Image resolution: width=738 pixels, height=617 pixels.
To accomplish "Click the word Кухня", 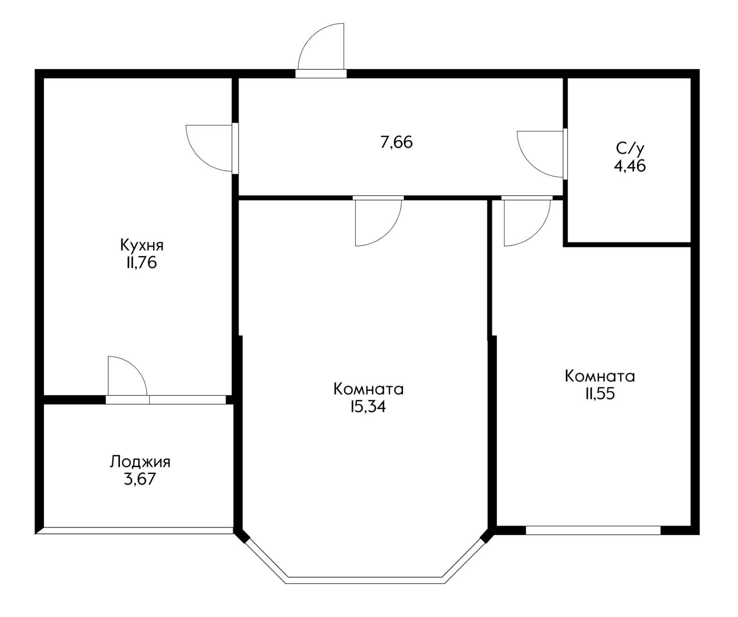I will [x=142, y=245].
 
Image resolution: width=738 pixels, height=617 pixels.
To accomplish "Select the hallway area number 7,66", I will [x=396, y=142].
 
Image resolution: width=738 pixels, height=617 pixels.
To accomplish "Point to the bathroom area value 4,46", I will [x=629, y=166].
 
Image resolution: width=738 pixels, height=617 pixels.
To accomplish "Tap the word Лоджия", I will [x=140, y=462].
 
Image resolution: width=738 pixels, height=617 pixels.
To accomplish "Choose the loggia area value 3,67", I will [x=140, y=479].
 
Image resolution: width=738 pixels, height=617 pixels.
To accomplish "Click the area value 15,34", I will [x=368, y=407].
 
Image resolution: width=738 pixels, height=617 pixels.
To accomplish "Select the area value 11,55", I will [x=600, y=394].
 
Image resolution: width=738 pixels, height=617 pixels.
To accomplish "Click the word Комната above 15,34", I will [x=369, y=389].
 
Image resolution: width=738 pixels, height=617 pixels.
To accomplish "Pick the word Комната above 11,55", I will [x=600, y=376].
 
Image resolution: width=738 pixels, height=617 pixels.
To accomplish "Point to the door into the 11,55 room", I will [x=526, y=221].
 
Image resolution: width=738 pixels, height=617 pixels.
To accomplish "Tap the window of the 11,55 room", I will [x=593, y=530].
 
